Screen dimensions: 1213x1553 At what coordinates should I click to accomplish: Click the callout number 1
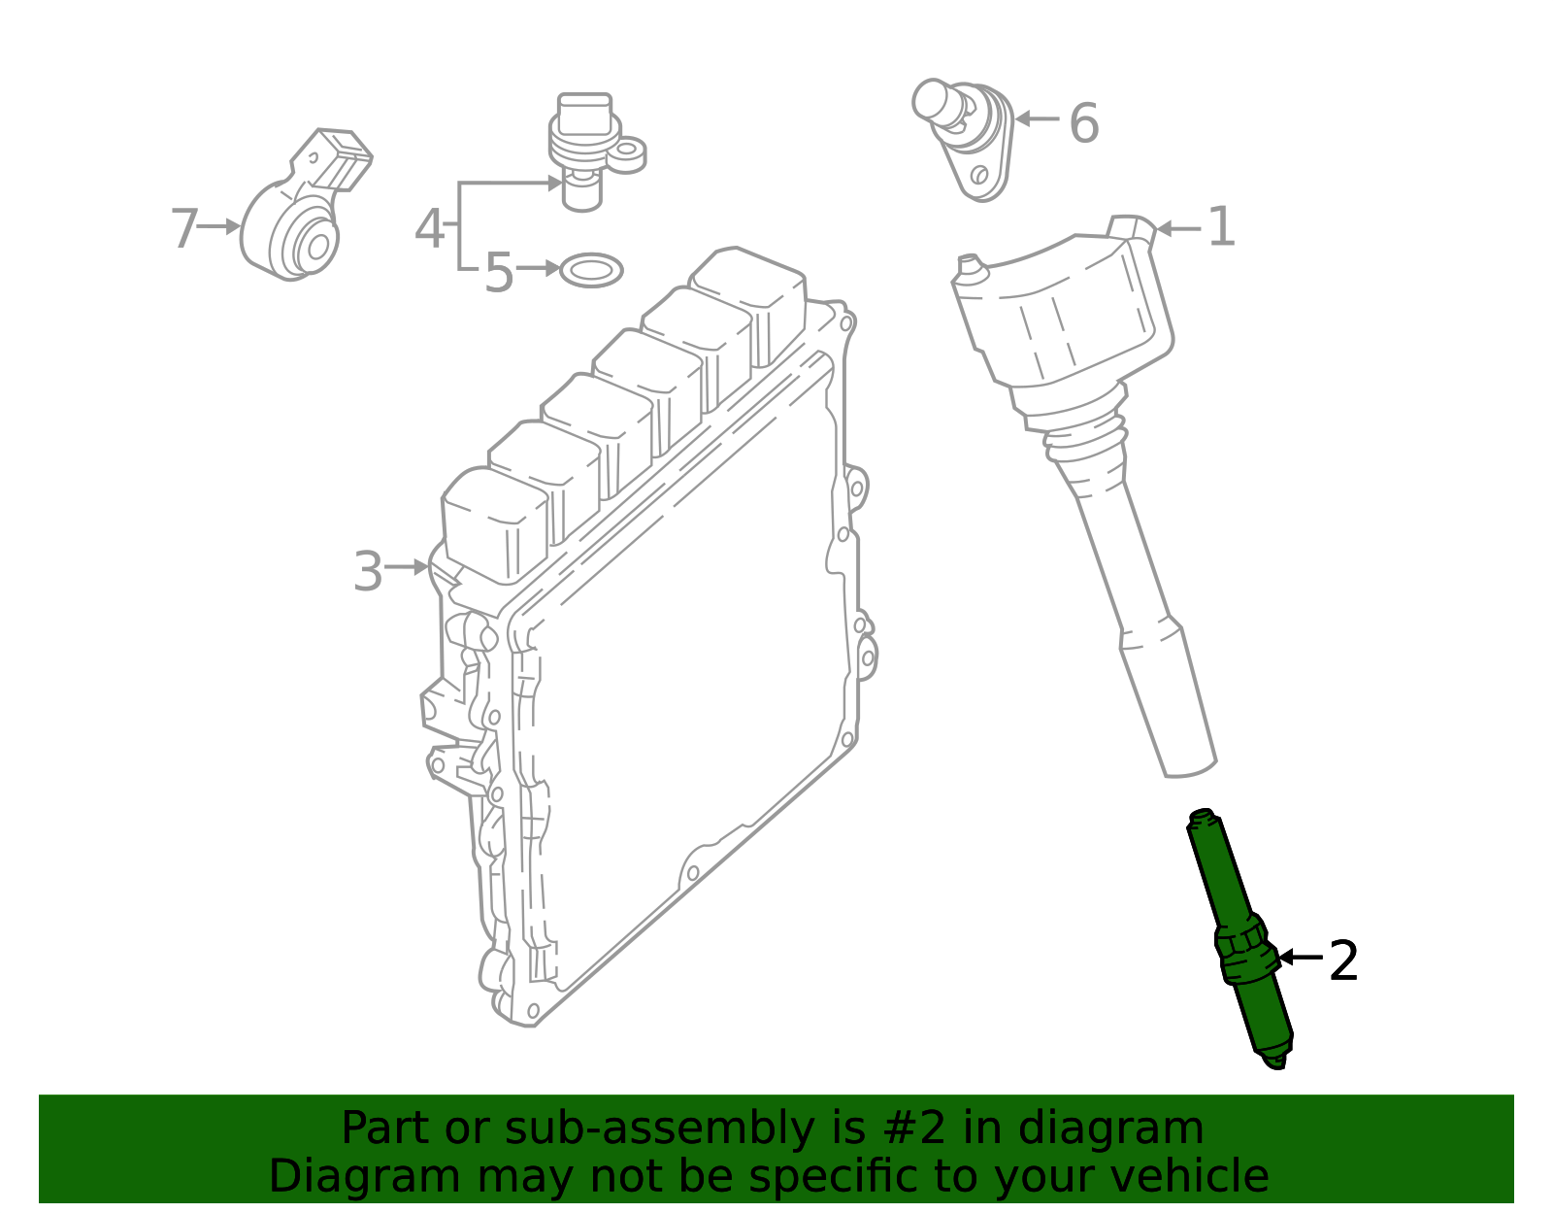[1221, 227]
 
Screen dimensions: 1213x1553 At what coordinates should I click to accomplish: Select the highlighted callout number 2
[1343, 961]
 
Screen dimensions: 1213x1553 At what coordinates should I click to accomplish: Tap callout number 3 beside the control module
[368, 572]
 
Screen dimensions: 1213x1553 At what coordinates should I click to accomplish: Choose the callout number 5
[498, 273]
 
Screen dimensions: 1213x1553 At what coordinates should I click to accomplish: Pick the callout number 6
[1083, 124]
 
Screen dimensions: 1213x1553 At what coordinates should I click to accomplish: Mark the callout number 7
[183, 229]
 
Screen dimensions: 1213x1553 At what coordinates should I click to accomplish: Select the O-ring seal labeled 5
[591, 270]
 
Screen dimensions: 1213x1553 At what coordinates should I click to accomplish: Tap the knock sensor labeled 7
[296, 228]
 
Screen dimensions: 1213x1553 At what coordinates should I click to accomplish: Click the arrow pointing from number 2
[1299, 958]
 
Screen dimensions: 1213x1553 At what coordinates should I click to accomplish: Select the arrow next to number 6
[1037, 119]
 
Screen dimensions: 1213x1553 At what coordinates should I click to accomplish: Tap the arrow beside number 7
[220, 226]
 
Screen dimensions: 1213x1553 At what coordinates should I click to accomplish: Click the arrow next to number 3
[407, 566]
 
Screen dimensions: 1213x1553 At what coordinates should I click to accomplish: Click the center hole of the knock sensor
[318, 247]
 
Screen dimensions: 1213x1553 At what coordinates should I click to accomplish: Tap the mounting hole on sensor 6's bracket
[979, 175]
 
